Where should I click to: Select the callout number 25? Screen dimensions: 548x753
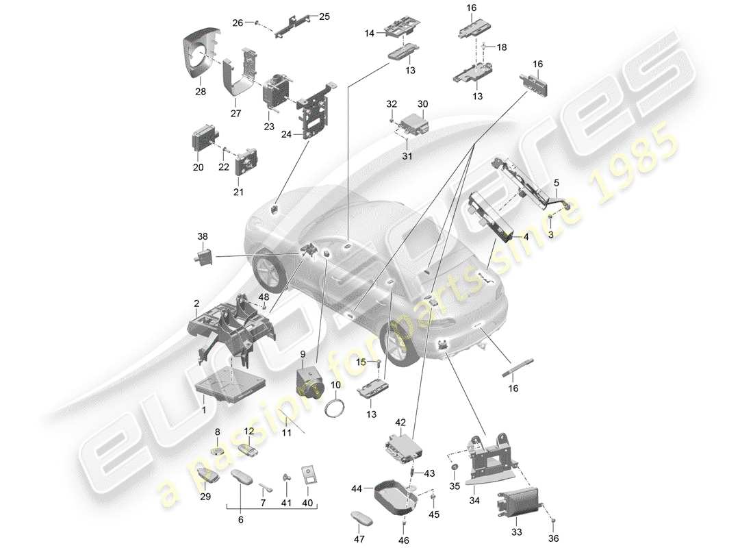tap(324, 16)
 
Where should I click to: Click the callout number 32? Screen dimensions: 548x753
tap(390, 104)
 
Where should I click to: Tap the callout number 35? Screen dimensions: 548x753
tap(453, 488)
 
